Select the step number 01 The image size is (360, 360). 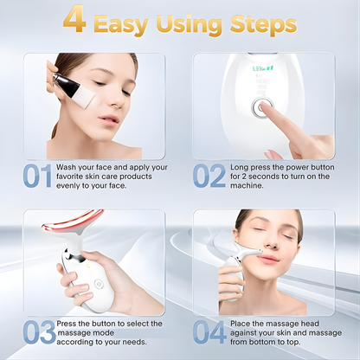(x=36, y=177)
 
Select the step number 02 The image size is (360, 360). (x=209, y=177)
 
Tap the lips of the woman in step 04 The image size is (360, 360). (x=267, y=259)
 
